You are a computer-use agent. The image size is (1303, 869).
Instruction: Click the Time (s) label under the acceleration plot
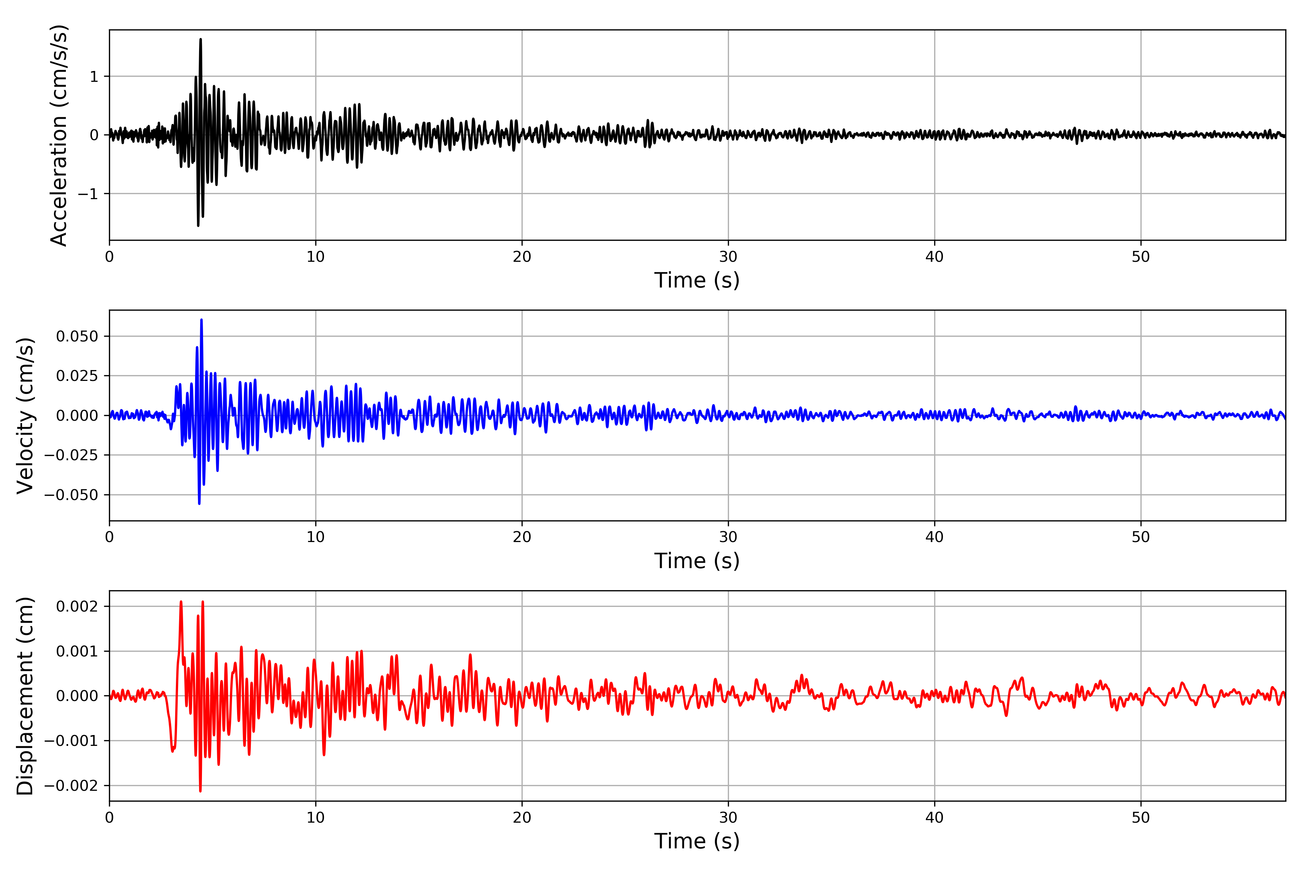696,280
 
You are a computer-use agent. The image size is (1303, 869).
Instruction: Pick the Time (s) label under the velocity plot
696,561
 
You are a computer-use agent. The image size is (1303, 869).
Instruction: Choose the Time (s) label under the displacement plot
696,841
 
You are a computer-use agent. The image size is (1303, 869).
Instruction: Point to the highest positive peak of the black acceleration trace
201,39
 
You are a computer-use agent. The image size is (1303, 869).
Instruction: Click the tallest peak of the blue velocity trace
201,320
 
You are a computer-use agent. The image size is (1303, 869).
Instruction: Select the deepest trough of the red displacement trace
200,791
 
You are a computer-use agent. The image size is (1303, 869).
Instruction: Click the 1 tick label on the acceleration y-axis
94,76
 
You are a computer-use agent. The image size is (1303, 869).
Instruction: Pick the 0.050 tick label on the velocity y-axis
77,336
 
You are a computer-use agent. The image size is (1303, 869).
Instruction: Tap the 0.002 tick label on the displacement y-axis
77,606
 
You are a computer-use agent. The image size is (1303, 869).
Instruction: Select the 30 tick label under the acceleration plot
728,257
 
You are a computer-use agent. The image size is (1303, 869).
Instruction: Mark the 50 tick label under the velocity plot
1141,537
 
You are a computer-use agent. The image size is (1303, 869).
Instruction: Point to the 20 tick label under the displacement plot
522,818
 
